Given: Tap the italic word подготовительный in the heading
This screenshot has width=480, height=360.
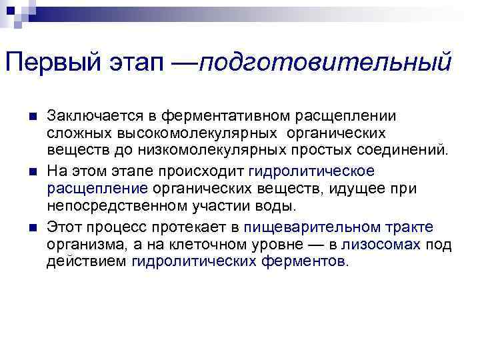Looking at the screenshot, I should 325,65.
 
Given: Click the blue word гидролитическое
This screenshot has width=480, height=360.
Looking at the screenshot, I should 311,171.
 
